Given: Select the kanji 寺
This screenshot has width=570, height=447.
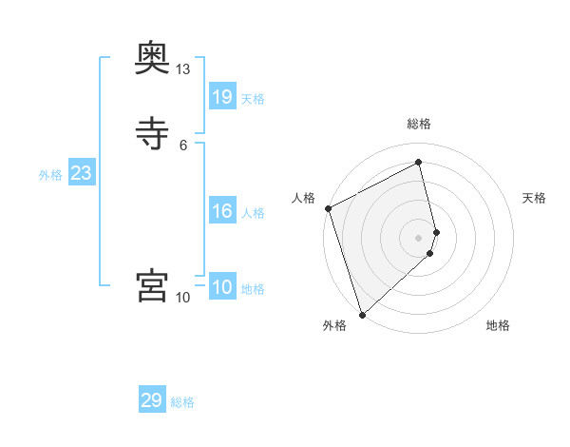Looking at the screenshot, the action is pos(152,133).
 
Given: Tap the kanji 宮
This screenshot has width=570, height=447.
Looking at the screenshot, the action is pos(152,285).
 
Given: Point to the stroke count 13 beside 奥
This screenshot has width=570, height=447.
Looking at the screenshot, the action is pos(182,69).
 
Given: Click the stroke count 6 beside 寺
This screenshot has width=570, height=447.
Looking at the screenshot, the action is pos(183,145).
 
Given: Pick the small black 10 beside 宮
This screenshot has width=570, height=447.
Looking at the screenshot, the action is pos(182,298).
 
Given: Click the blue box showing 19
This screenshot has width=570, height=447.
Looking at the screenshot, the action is pos(221,97).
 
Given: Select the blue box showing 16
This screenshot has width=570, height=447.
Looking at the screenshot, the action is pos(221,211).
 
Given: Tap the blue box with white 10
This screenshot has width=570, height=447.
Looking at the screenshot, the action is pos(221,287).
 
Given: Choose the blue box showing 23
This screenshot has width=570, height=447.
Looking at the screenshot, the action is pos(81,173).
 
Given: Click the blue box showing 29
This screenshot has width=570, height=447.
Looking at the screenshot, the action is pos(152,400).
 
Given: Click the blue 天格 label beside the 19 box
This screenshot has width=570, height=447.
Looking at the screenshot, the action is pos(253,99).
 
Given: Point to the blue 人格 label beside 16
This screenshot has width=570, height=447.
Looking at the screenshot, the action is pos(253,213).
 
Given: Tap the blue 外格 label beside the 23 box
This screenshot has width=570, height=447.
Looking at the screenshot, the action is pos(50,175).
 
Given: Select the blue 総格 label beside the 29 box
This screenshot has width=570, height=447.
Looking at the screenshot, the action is pos(182,402).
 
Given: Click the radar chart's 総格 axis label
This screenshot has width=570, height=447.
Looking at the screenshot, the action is pos(419,124).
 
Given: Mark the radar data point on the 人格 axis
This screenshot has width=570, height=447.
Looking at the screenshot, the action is pos(328,208).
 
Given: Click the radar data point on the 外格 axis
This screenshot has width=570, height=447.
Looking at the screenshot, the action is pos(362,314).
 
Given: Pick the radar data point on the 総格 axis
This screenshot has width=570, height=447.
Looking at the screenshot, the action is pos(419,162).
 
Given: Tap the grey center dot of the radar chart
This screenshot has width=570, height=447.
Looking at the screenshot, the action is pos(419,237).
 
